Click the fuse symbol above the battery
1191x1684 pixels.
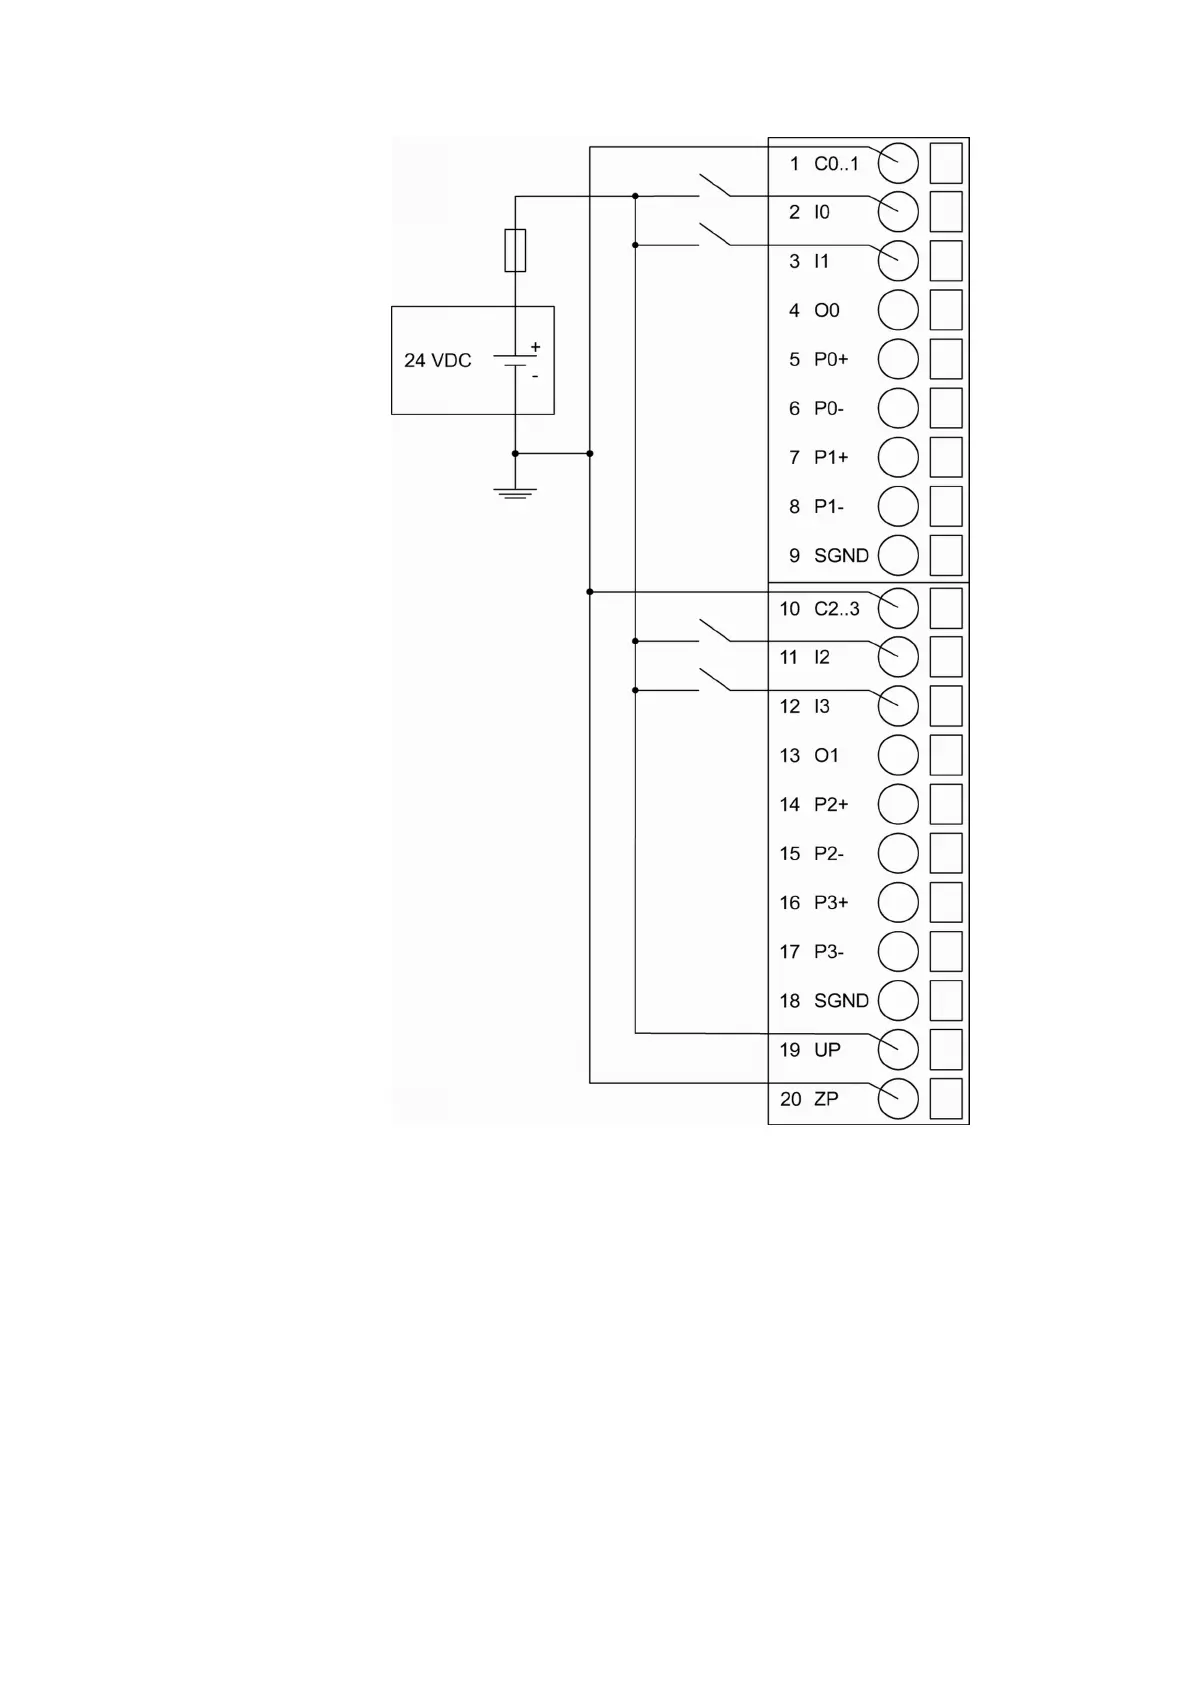click(515, 250)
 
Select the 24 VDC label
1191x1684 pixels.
click(437, 360)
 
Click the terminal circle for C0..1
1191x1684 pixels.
click(897, 163)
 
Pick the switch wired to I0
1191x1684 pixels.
click(714, 185)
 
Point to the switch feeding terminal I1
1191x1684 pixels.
click(714, 234)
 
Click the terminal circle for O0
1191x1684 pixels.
click(897, 310)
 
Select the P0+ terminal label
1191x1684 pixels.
click(830, 359)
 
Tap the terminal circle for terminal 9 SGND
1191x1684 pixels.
click(897, 555)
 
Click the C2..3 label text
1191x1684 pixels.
click(836, 608)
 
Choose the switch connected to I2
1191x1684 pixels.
click(714, 630)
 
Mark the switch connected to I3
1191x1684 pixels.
click(714, 679)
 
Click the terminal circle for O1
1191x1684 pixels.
click(897, 755)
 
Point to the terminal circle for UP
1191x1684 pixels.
click(897, 1049)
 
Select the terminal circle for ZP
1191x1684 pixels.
click(897, 1098)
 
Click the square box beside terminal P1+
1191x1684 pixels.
click(945, 457)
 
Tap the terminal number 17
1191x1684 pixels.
click(790, 951)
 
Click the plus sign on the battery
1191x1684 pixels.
click(535, 347)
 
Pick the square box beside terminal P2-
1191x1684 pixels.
click(945, 853)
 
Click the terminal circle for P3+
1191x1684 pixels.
click(897, 902)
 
